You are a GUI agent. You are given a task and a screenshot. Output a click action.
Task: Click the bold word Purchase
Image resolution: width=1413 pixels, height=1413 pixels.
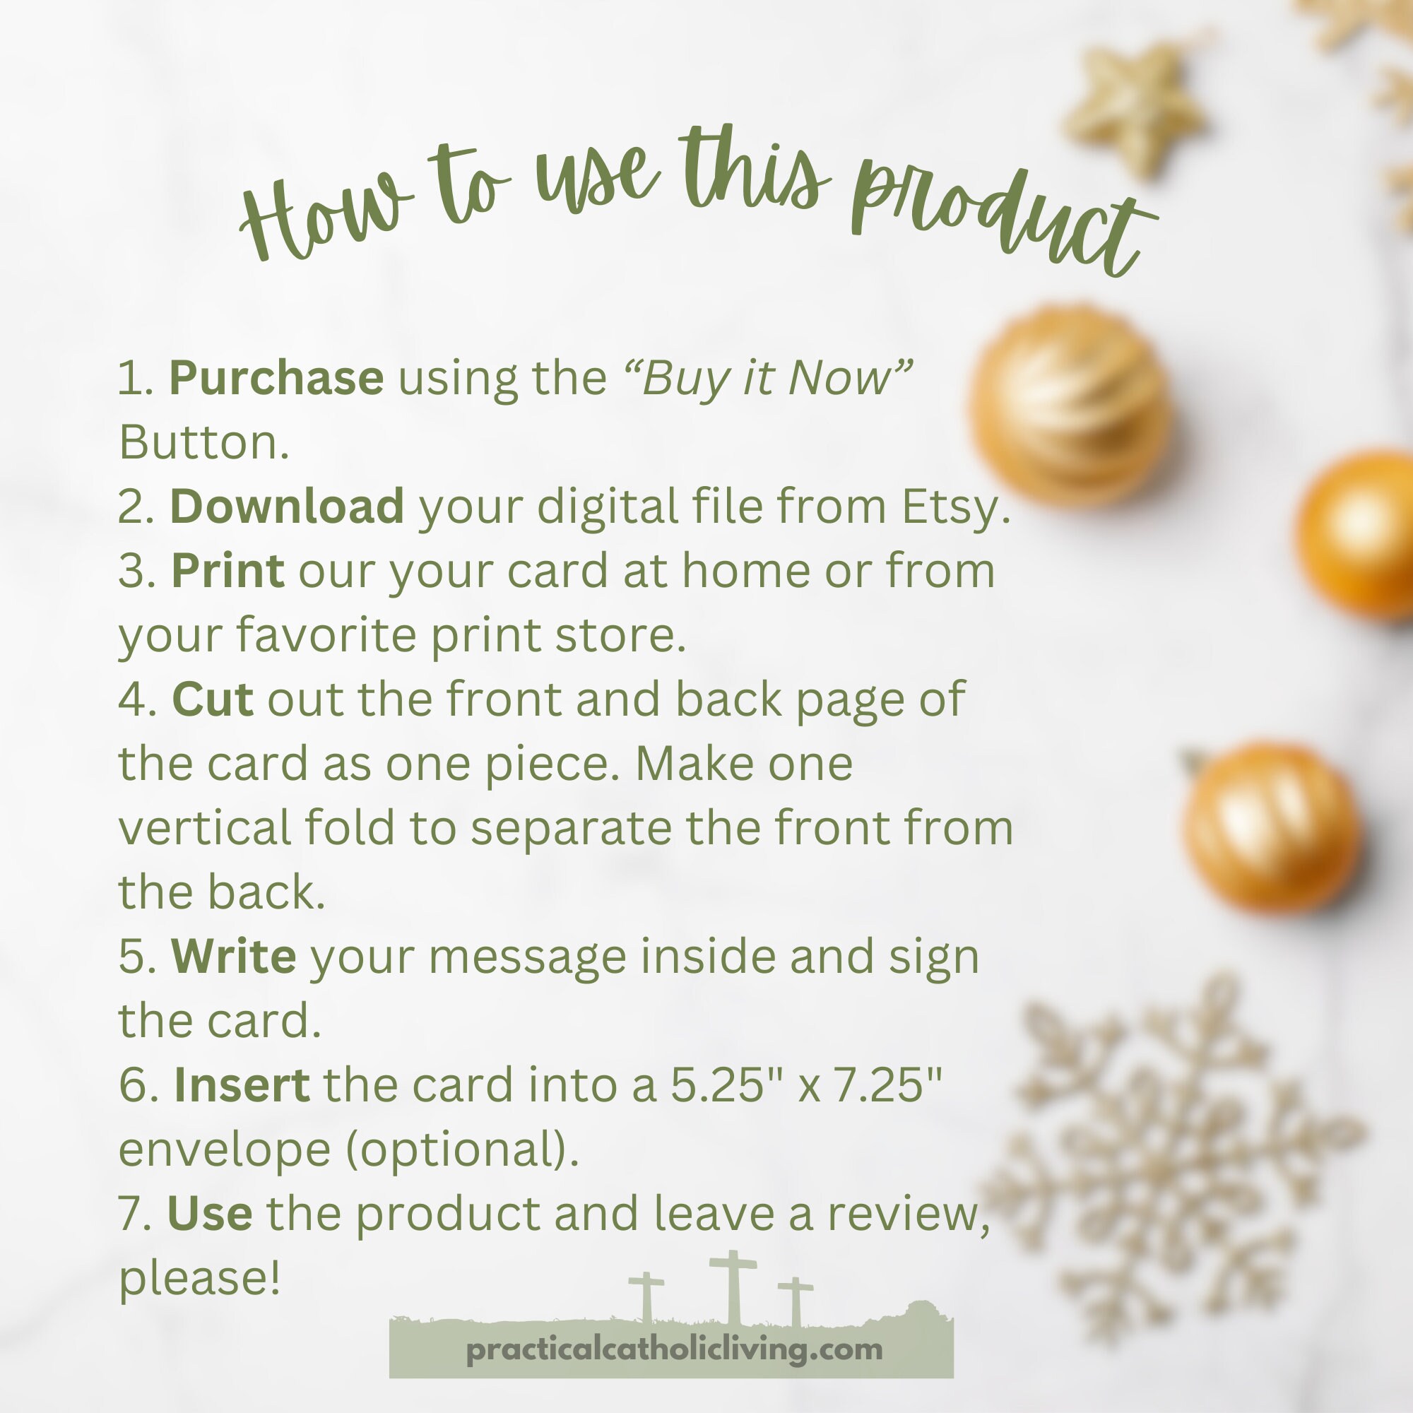click(x=276, y=377)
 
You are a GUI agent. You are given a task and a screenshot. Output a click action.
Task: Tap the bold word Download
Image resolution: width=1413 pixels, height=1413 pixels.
click(x=287, y=506)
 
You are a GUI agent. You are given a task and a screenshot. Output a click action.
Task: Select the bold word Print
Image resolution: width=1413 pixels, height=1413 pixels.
click(x=227, y=570)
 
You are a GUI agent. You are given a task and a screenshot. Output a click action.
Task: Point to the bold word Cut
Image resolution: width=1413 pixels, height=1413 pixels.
click(x=213, y=699)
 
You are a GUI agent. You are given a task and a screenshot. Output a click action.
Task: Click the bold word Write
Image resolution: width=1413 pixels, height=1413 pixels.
click(x=233, y=956)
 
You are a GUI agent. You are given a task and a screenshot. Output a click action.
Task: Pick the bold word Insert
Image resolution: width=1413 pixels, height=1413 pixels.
click(x=242, y=1084)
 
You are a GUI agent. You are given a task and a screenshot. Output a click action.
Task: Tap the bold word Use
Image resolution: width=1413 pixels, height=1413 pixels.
click(x=210, y=1213)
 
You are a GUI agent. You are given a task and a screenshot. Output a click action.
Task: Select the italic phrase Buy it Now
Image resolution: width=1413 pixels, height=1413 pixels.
click(x=768, y=379)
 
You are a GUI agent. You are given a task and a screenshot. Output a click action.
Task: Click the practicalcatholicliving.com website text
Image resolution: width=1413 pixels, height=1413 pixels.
click(x=674, y=1349)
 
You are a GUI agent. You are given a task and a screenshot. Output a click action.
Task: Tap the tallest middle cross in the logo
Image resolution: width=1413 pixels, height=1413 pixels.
click(x=733, y=1289)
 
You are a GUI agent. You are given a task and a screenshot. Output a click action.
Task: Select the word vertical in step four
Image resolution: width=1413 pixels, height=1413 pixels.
click(x=205, y=828)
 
